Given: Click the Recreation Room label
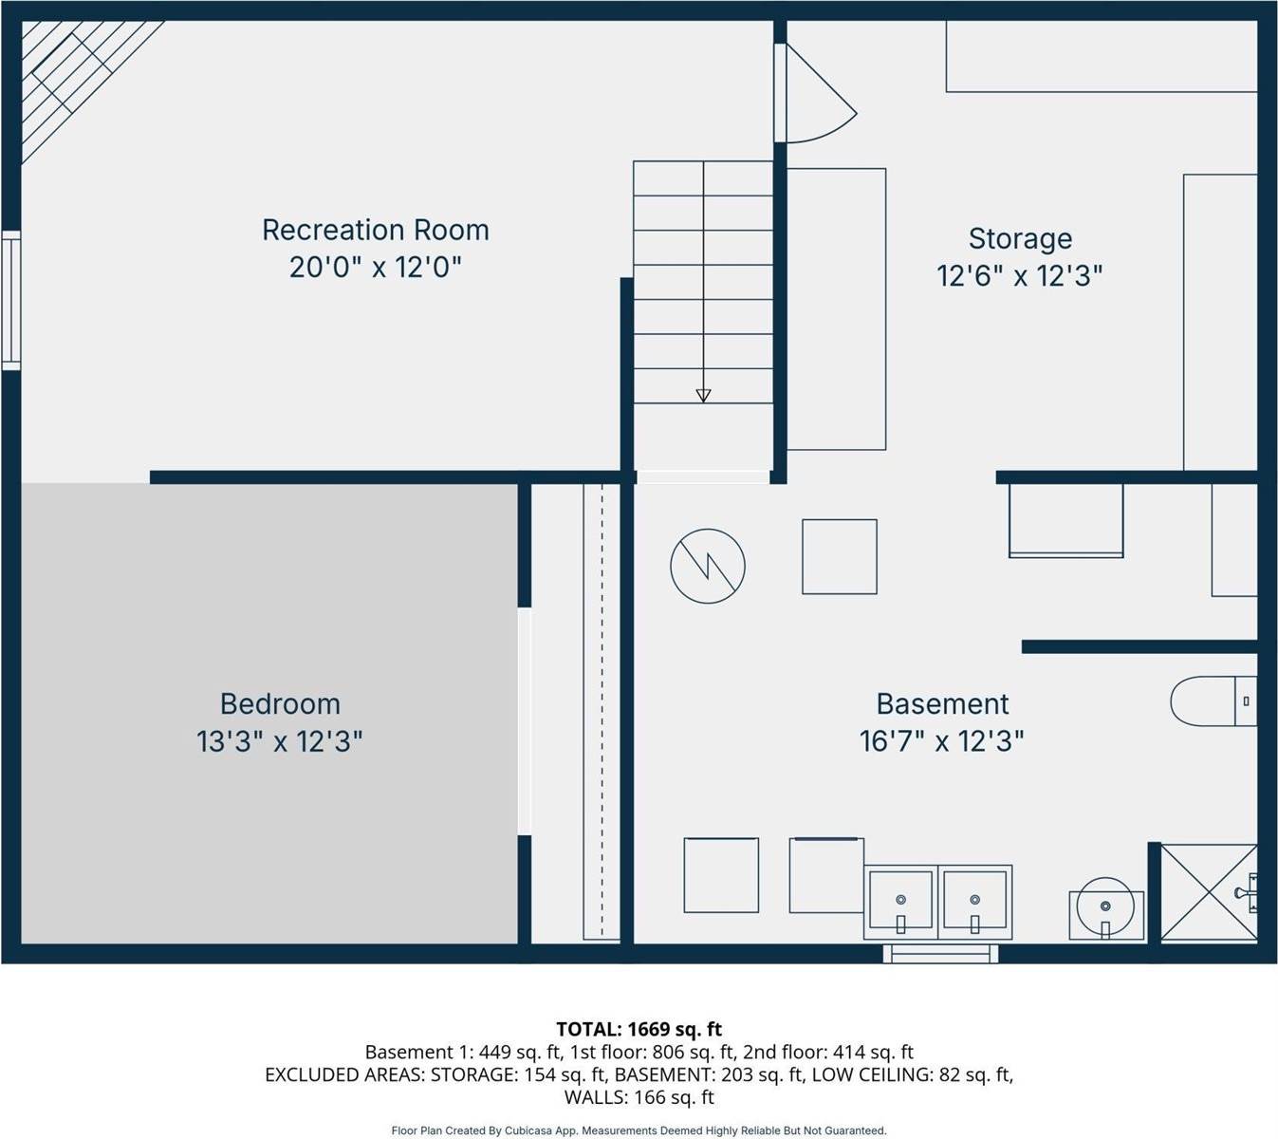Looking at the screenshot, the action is click(376, 231).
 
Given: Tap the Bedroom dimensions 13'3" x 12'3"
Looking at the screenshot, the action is click(280, 741).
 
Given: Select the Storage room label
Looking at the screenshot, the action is click(1020, 239).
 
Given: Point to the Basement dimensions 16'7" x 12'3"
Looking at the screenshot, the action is click(941, 741).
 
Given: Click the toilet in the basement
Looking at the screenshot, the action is click(1213, 701).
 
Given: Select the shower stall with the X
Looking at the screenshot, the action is click(1209, 893).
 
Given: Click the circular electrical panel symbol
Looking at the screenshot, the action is click(708, 566).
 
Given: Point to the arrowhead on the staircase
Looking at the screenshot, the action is click(703, 396).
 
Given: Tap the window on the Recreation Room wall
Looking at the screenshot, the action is click(11, 300).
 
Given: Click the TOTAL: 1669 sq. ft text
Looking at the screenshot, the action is click(639, 1029).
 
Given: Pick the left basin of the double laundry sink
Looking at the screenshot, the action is click(900, 902).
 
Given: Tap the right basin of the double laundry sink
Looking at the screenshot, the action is click(974, 902).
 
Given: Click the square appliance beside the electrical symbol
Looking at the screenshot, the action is click(840, 556).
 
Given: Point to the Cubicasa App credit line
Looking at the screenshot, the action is click(639, 1130).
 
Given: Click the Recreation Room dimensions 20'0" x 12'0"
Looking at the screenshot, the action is click(376, 268).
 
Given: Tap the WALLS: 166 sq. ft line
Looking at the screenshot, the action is click(639, 1097).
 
